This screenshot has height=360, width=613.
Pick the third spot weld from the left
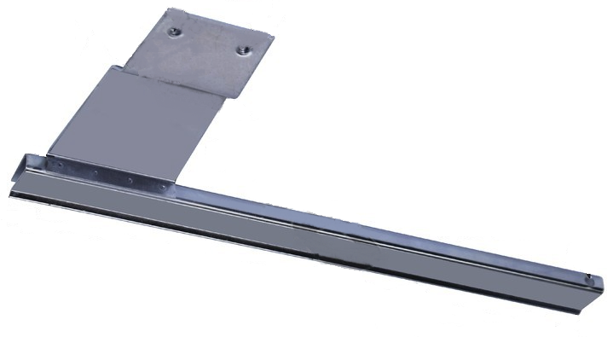[x=129, y=180]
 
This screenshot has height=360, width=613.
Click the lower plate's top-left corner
[x=108, y=67]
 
